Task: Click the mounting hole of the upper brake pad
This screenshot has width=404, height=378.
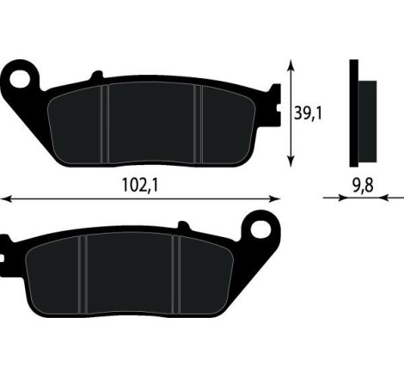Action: pos(20,78)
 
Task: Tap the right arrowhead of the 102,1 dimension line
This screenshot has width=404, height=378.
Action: pos(279,198)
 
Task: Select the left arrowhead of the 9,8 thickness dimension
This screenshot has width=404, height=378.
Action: pos(345,198)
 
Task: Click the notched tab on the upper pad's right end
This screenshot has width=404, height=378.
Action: pos(274,100)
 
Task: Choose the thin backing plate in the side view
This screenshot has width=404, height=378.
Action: pos(353,113)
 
